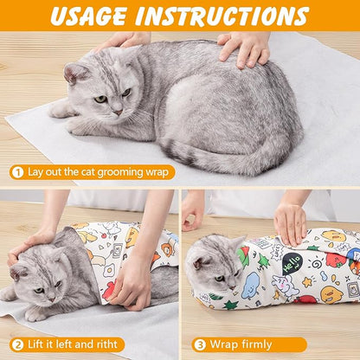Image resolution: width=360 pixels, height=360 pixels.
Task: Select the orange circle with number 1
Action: click(16, 171)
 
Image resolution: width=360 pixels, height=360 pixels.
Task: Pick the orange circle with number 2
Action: click(16, 344)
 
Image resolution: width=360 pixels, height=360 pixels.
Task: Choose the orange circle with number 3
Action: click(199, 344)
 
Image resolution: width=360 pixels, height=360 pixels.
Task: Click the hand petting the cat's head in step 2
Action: click(30, 244)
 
